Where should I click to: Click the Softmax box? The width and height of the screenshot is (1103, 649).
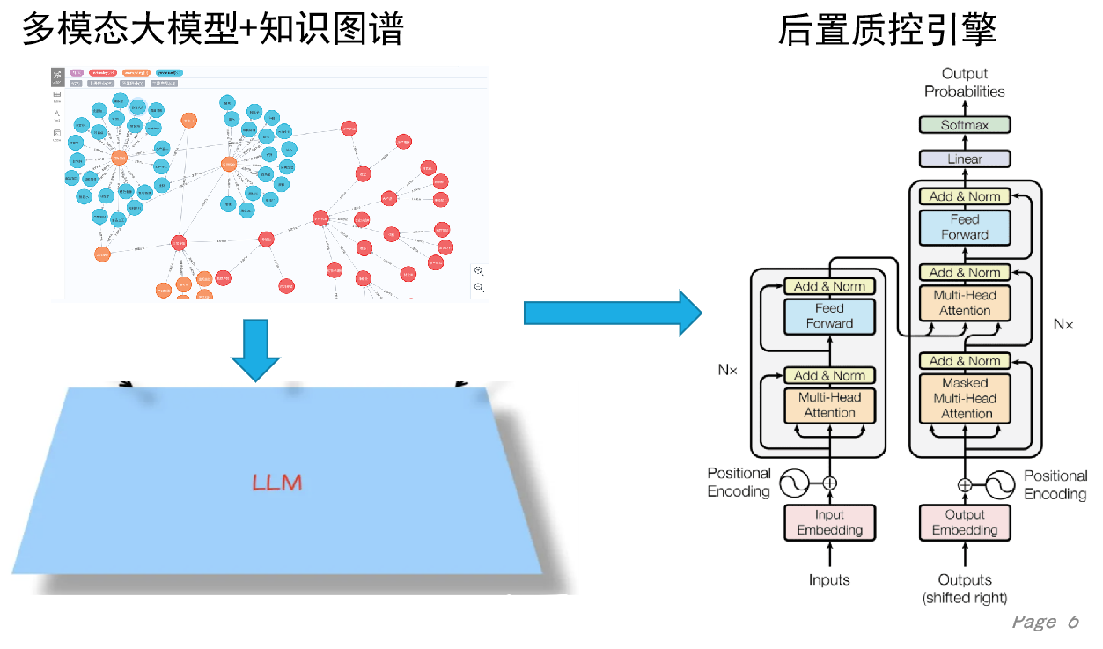(965, 125)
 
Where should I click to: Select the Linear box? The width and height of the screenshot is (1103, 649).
(965, 159)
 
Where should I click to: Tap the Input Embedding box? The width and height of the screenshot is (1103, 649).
(829, 522)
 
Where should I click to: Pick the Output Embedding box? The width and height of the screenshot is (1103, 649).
(965, 522)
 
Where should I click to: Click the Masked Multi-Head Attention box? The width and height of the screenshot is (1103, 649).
(965, 398)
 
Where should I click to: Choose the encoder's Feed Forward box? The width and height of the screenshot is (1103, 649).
(829, 316)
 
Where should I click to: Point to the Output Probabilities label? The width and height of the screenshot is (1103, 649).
(965, 83)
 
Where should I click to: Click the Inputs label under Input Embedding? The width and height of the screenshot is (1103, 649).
(829, 579)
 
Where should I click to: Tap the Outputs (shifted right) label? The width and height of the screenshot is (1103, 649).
(965, 588)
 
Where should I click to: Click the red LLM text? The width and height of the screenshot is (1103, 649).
(276, 483)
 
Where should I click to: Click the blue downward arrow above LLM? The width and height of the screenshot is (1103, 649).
(255, 350)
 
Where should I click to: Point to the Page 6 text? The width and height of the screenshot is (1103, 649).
(1045, 622)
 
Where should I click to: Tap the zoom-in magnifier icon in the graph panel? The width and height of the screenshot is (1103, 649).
(478, 271)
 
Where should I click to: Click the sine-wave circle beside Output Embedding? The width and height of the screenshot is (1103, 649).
(1000, 484)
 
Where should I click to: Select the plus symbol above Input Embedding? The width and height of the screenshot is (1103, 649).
(829, 483)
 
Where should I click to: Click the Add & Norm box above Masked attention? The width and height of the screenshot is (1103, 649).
(965, 361)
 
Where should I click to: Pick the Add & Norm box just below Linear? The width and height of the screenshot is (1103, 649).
(965, 196)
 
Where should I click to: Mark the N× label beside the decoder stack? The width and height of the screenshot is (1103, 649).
(1063, 324)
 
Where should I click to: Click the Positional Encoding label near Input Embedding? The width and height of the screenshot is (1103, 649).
(739, 483)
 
